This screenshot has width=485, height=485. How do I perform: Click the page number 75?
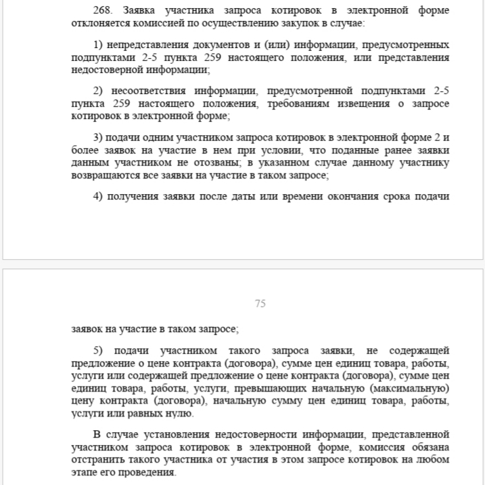pyautogui.click(x=260, y=304)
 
